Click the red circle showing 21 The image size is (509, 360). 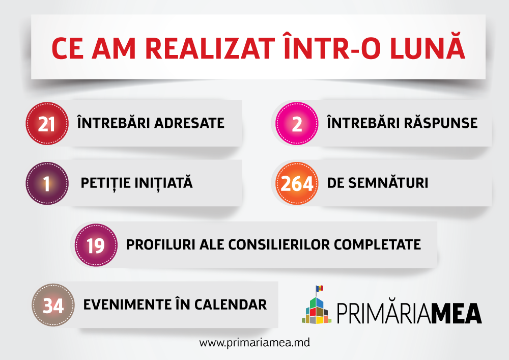pyautogui.click(x=47, y=123)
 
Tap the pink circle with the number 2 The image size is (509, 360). pyautogui.click(x=297, y=123)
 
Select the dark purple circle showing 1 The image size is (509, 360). pyautogui.click(x=47, y=183)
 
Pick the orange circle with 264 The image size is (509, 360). pyautogui.click(x=297, y=183)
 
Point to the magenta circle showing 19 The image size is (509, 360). pyautogui.click(x=96, y=245)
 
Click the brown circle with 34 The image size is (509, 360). pyautogui.click(x=53, y=305)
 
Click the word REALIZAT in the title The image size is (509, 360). pyautogui.click(x=210, y=49)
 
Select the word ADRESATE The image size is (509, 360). pyautogui.click(x=189, y=123)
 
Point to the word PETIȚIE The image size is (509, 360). pyautogui.click(x=105, y=183)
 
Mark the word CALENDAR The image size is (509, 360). pyautogui.click(x=231, y=305)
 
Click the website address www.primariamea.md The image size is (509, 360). pyautogui.click(x=254, y=343)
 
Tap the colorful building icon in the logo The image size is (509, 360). pyautogui.click(x=317, y=310)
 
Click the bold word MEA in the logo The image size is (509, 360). pyautogui.click(x=457, y=313)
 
